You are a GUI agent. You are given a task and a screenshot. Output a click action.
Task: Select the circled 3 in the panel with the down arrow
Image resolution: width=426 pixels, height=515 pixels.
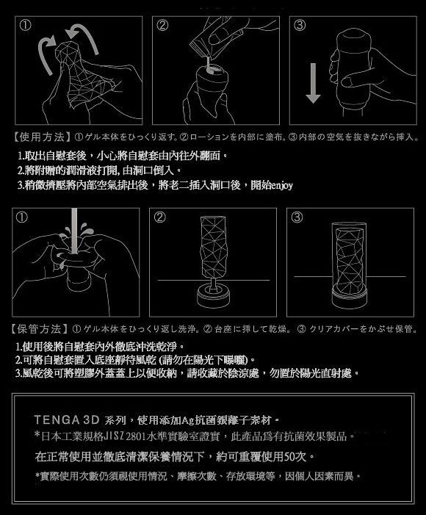coord(300,25)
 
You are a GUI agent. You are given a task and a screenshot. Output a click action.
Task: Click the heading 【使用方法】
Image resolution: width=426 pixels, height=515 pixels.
coord(38,137)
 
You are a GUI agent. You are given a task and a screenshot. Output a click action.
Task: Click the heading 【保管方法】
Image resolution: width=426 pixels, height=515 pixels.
coord(38,327)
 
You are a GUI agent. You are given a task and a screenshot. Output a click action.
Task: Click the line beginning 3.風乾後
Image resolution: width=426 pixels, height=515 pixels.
coord(176,373)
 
